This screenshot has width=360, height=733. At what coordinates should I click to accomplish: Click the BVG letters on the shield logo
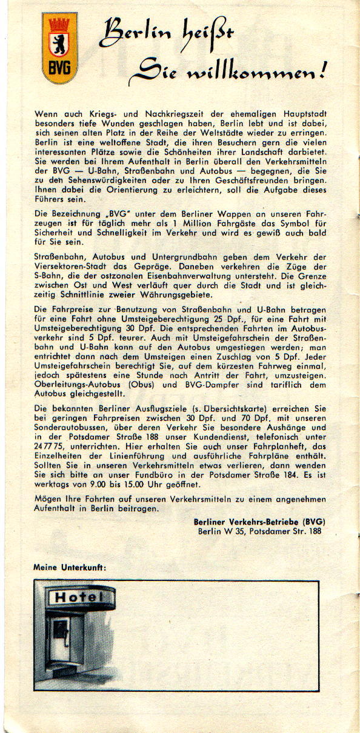59,67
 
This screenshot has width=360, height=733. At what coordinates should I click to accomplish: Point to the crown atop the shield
59,24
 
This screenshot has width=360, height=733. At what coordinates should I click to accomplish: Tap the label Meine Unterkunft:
70,568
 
